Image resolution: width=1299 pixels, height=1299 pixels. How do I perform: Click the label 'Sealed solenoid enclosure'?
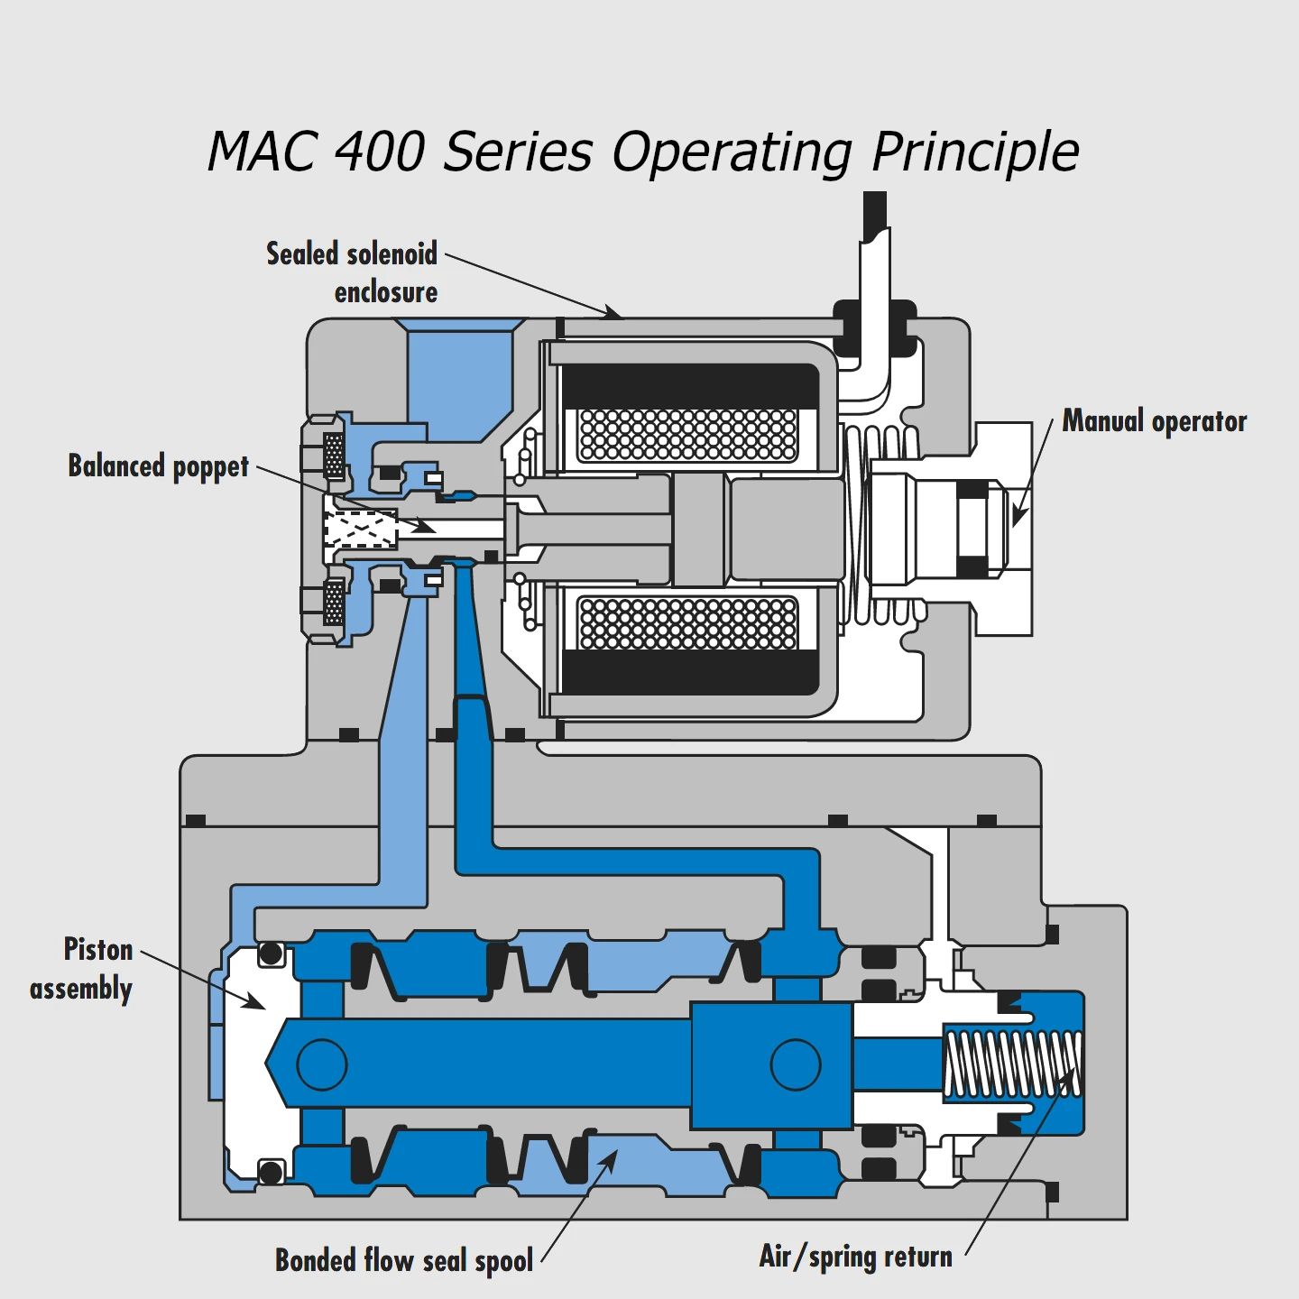352,272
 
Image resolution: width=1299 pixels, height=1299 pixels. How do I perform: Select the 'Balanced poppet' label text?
159,466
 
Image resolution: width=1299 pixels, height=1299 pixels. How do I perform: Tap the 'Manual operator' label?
1154,421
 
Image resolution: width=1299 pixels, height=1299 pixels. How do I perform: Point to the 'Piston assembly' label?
82,969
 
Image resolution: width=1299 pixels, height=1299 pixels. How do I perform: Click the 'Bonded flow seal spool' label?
404,1259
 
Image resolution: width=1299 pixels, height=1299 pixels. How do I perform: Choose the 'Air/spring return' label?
855,1256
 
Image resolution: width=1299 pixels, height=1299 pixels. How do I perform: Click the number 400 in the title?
379,151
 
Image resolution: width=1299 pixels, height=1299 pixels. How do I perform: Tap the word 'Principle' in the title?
975,151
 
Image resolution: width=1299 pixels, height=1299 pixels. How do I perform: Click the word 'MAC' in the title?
262,151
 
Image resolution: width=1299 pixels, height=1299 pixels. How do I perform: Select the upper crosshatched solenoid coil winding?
688,434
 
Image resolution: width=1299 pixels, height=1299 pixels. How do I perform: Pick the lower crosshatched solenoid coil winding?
688,622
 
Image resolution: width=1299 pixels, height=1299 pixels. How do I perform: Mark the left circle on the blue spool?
322,1064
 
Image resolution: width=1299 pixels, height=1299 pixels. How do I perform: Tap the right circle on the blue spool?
796,1064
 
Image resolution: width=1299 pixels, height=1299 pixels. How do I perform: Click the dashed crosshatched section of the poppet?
361,530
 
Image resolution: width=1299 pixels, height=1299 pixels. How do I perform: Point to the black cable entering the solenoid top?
874,216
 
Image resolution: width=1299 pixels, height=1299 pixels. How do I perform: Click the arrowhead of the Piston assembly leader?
256,1002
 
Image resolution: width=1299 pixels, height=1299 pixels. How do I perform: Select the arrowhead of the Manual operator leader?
1018,516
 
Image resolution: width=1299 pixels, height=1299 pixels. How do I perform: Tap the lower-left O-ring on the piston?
271,1173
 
